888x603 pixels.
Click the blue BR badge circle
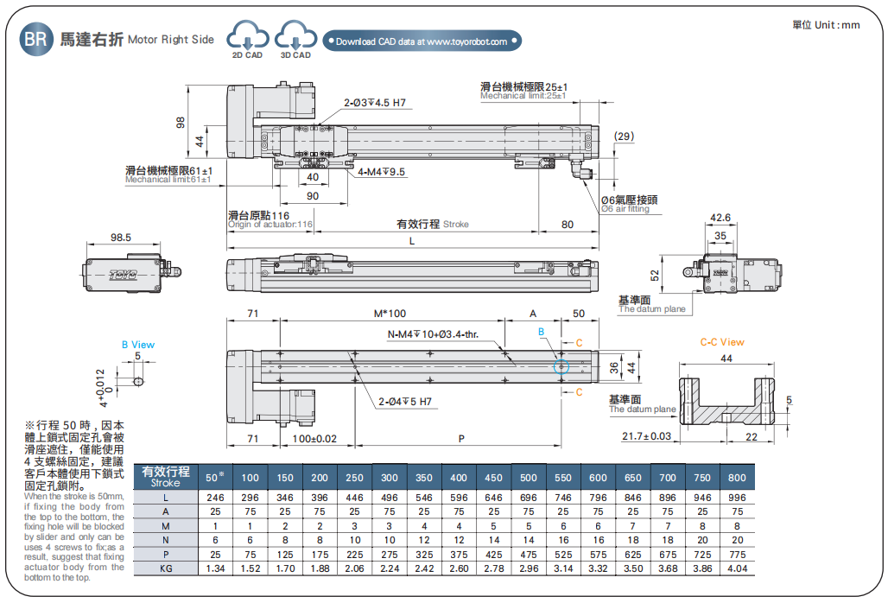[x=36, y=39]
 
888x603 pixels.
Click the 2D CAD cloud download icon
[x=246, y=38]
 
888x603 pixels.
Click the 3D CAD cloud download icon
[x=295, y=38]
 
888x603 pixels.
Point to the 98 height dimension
[x=181, y=123]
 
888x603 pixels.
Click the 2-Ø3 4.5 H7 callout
[x=374, y=103]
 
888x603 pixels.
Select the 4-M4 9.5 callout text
[x=381, y=172]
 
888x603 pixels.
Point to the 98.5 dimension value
[x=121, y=237]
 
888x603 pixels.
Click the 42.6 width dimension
[x=720, y=218]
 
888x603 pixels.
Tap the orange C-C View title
[x=721, y=342]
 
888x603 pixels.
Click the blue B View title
[x=137, y=345]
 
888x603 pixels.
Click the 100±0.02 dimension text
[x=314, y=439]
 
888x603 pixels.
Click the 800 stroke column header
[x=737, y=478]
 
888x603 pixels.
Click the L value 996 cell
[x=737, y=498]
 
